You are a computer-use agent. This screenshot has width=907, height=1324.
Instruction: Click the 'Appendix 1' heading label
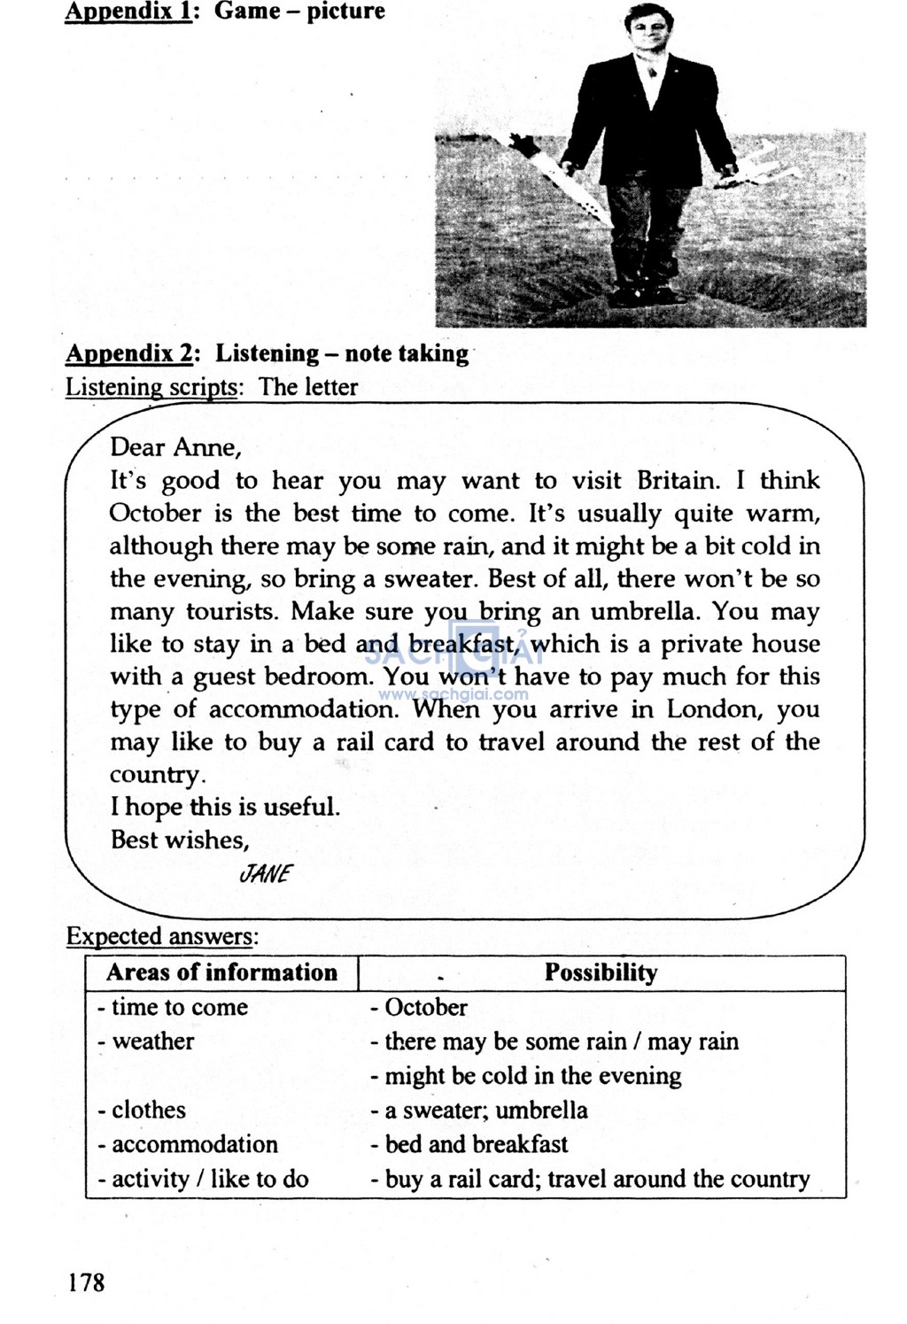(128, 12)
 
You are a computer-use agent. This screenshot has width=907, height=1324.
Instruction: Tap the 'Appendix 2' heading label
(129, 353)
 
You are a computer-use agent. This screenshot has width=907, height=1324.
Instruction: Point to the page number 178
(86, 1281)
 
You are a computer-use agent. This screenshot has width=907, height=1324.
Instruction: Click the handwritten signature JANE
(265, 874)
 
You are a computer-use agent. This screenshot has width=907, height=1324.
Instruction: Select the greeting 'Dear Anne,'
(175, 447)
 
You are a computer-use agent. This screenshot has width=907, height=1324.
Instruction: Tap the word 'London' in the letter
(713, 709)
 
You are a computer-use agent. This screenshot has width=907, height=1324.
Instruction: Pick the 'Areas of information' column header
(221, 972)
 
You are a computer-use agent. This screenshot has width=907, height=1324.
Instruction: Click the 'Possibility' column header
(601, 972)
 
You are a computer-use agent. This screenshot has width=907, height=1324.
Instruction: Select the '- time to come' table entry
(173, 1007)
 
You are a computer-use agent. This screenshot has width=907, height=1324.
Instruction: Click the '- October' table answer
(419, 1007)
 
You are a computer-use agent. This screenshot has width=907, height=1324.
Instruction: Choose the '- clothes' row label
(142, 1111)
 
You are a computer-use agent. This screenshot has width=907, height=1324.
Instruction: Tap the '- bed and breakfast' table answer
(469, 1144)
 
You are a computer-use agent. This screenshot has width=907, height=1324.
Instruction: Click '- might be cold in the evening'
(526, 1076)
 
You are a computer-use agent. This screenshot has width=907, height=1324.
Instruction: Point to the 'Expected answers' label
(162, 936)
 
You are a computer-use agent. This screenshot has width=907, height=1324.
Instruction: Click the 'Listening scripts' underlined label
(151, 388)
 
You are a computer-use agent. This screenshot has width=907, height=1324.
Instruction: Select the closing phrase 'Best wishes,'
(180, 840)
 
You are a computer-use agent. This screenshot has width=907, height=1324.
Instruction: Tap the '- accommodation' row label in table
(188, 1144)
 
